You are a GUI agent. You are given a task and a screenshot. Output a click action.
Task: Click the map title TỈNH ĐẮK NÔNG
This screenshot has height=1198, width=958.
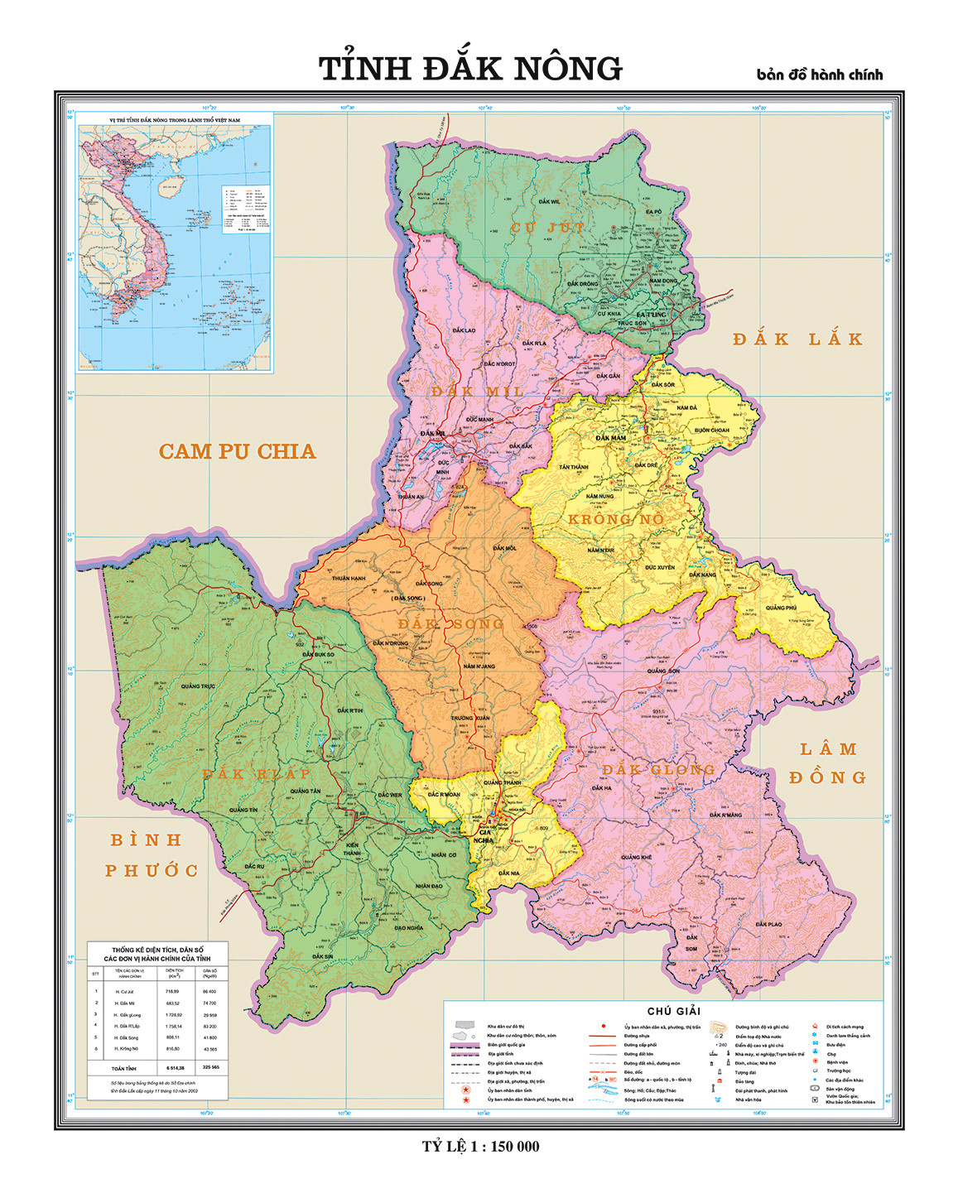[470, 69]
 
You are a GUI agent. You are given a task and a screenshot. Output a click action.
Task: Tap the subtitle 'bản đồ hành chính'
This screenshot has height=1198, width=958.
[819, 75]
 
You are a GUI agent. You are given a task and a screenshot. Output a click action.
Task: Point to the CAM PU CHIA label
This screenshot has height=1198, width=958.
[237, 451]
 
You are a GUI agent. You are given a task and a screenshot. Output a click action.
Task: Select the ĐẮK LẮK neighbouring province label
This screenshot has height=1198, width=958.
[797, 339]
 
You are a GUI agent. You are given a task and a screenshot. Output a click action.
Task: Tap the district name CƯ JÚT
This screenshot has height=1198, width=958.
[547, 227]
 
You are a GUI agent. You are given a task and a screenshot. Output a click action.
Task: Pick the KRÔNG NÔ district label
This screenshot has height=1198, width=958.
[616, 519]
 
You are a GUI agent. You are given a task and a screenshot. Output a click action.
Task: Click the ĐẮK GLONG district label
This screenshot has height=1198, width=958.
[658, 769]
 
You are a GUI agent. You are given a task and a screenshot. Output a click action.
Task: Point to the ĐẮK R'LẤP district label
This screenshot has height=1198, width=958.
[257, 773]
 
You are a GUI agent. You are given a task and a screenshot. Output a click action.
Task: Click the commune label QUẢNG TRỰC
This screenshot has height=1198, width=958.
[198, 686]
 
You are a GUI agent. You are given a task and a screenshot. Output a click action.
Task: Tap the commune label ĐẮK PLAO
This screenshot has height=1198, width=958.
[768, 924]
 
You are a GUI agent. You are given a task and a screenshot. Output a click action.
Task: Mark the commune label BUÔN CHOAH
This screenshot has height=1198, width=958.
[712, 430]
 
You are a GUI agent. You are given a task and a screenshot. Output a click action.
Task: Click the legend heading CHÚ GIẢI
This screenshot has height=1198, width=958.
[673, 1011]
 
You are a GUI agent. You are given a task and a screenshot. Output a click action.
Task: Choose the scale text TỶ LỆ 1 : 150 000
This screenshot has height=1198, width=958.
[480, 1147]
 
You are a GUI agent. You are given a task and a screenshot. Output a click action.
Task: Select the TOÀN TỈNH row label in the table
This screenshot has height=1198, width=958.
[124, 1068]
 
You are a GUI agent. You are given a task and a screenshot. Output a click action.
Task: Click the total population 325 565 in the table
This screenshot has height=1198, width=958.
[210, 1067]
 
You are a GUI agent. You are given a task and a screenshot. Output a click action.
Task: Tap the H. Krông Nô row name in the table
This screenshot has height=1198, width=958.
[126, 1049]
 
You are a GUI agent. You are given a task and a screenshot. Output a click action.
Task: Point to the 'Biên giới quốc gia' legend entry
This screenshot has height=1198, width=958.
[506, 1045]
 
